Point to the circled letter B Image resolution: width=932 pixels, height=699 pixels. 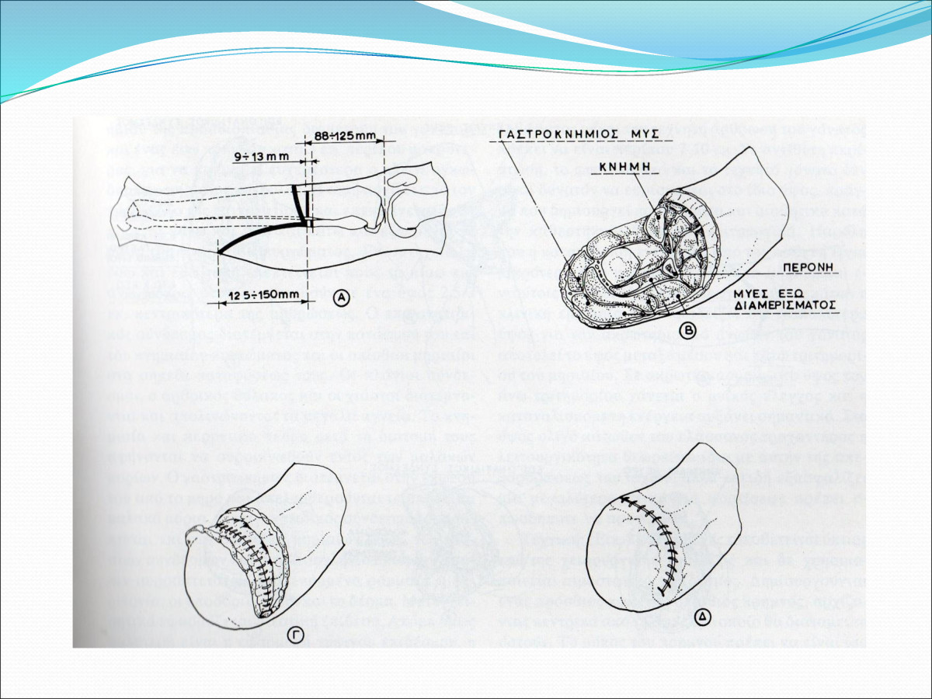[x=687, y=329]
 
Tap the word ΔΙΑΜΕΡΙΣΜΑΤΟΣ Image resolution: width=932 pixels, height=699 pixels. [x=787, y=305]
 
